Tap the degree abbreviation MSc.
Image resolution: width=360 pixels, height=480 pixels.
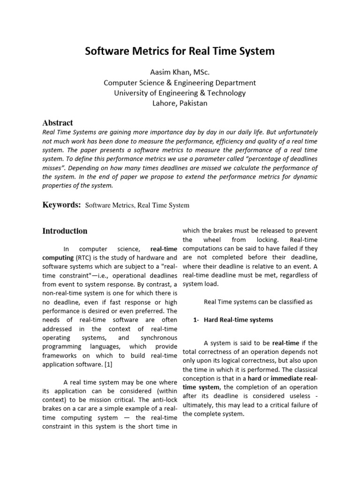click(201, 72)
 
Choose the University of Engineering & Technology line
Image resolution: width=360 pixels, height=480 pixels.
click(180, 93)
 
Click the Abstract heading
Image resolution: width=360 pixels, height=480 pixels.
click(58, 123)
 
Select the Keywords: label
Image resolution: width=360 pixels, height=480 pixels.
click(62, 205)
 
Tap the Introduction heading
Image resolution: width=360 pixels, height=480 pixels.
click(65, 231)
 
